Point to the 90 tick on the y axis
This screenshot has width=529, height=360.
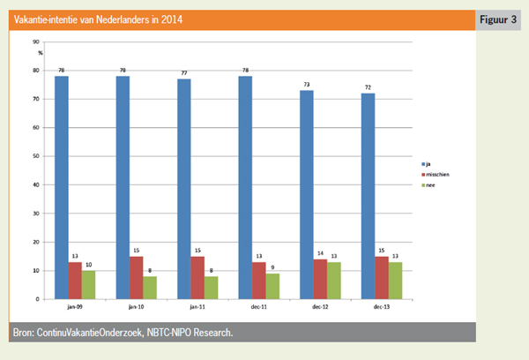click(x=34, y=41)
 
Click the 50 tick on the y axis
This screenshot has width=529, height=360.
click(x=34, y=156)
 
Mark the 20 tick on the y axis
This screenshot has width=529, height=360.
click(x=34, y=242)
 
